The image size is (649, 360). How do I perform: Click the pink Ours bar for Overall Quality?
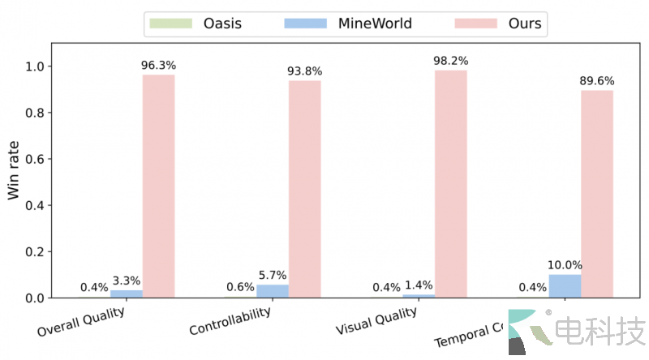[158, 186]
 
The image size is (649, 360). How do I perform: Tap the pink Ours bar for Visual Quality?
[450, 184]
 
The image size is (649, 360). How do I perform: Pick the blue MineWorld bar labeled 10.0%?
[565, 286]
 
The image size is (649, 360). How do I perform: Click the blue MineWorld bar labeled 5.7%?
[273, 291]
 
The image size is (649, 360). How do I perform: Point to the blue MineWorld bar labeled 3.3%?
[127, 294]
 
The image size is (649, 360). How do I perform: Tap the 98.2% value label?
[450, 60]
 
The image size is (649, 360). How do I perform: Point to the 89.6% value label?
[597, 81]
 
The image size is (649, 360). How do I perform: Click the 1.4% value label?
[418, 286]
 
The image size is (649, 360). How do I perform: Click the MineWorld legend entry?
[350, 24]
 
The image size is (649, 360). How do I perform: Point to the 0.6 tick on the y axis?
[33, 160]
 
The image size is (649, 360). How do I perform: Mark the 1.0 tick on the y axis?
[33, 66]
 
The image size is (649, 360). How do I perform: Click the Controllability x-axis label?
[230, 323]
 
